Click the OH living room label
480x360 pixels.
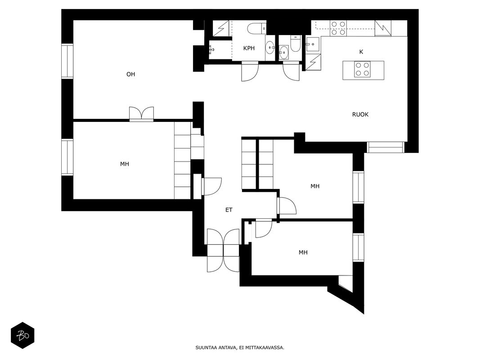pyautogui.click(x=131, y=74)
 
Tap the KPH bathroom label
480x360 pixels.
pyautogui.click(x=249, y=48)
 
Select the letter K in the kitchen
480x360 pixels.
pyautogui.click(x=361, y=52)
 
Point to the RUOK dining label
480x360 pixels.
pyautogui.click(x=360, y=114)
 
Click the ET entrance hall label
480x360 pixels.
pyautogui.click(x=229, y=210)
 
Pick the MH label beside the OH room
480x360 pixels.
pyautogui.click(x=125, y=164)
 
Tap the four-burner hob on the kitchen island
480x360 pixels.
pyautogui.click(x=363, y=69)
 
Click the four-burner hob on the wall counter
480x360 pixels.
pyautogui.click(x=338, y=28)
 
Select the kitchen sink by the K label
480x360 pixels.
pyautogui.click(x=313, y=45)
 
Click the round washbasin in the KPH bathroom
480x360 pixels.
pyautogui.click(x=270, y=47)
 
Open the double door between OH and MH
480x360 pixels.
pyautogui.click(x=141, y=114)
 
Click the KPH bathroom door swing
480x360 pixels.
pyautogui.click(x=250, y=72)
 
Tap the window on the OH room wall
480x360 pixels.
pyautogui.click(x=67, y=61)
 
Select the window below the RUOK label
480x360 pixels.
pyautogui.click(x=386, y=147)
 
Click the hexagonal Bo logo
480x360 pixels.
pyautogui.click(x=22, y=336)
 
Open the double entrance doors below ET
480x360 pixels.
pyautogui.click(x=223, y=250)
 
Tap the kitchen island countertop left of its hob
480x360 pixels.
pyautogui.click(x=349, y=70)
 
